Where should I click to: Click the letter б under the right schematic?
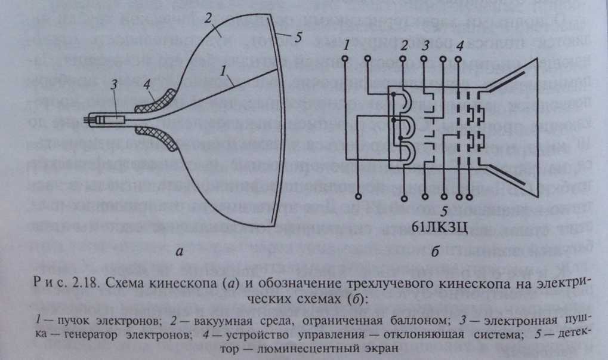click(434, 253)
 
